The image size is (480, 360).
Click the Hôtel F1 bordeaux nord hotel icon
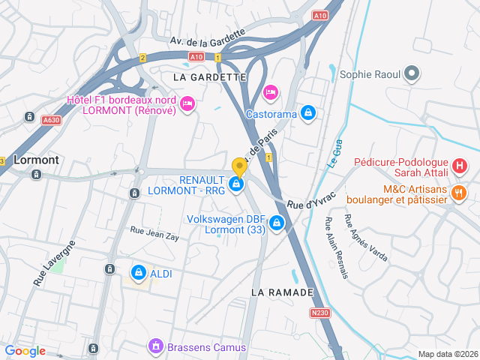[x=187, y=102]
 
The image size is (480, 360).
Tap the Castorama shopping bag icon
[x=307, y=113]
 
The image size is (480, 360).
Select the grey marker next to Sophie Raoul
[x=411, y=73]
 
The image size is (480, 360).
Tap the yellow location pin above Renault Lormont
[x=239, y=166]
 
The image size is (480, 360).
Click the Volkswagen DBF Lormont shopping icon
[x=277, y=223]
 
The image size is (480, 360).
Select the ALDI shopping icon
[x=138, y=273]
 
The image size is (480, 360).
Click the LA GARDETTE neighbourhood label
[x=209, y=77]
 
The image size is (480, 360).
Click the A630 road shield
[x=51, y=119]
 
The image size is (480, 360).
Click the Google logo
[x=25, y=351]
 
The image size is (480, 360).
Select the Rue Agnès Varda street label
[x=365, y=238]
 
